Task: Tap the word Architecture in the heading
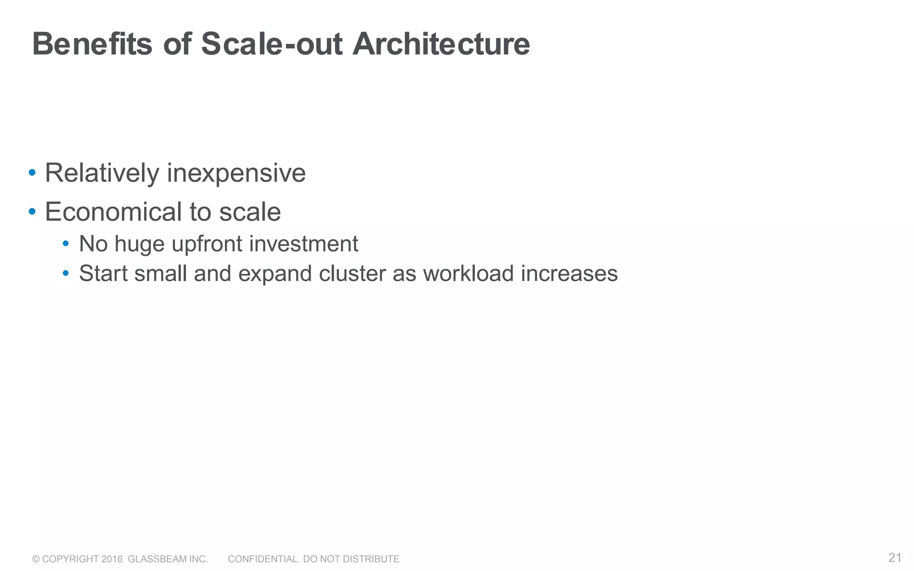click(x=441, y=44)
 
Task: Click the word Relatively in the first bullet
click(x=102, y=173)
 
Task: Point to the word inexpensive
click(x=236, y=173)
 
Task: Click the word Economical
click(x=113, y=211)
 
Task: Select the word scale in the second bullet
click(x=250, y=211)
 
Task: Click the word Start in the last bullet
click(x=104, y=273)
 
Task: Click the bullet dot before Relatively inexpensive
click(x=32, y=173)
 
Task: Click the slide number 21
click(x=895, y=558)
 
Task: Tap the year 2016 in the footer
click(x=112, y=559)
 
